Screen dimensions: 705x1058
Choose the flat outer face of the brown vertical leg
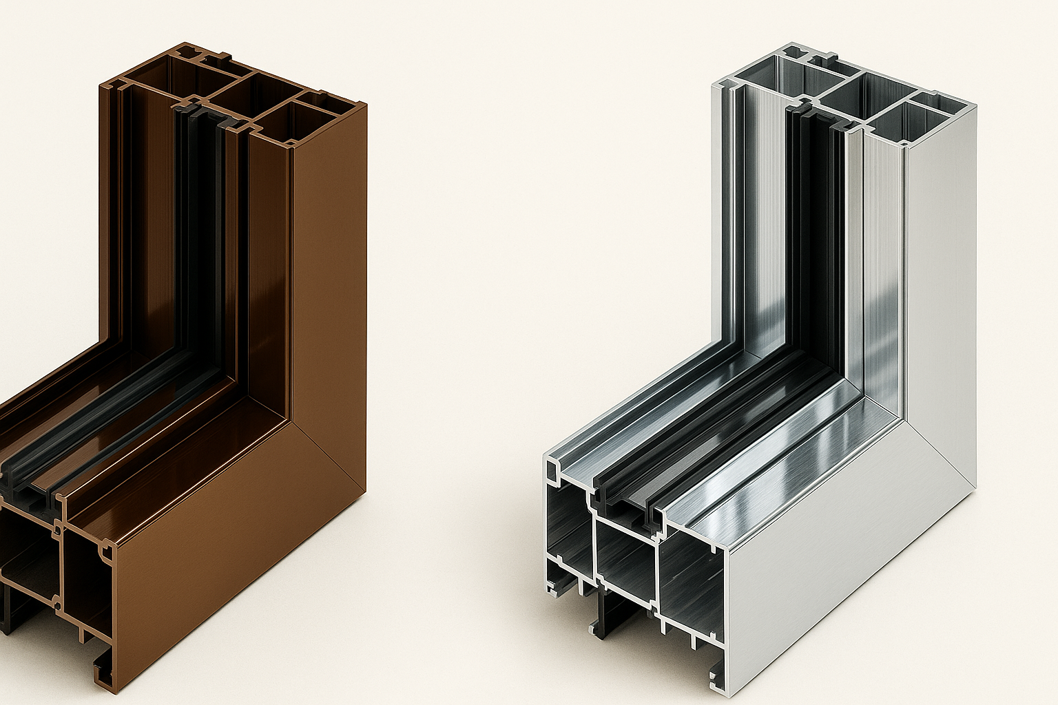(x=327, y=275)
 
